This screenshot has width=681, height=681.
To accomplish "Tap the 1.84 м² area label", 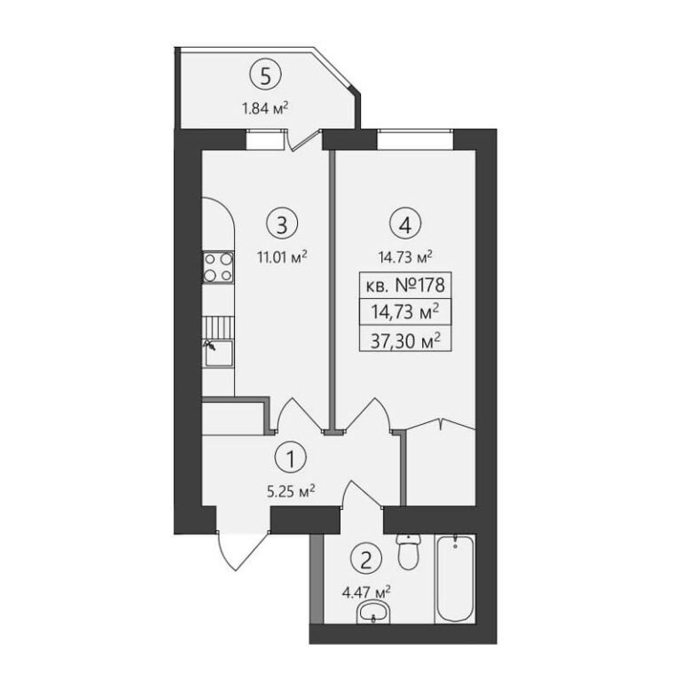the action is pos(265,107).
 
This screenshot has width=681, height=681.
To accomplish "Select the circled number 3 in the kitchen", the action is pos(282,224).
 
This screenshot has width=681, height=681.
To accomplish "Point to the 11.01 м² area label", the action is pos(282,256).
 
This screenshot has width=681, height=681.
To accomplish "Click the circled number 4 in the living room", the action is pos(405,224).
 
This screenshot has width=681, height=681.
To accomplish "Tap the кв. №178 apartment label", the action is pos(405,286).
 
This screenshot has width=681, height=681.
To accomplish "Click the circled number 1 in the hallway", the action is pos(291,458).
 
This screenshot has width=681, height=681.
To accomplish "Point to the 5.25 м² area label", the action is pos(291,491).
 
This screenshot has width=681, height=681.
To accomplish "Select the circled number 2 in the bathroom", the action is pos(366,560).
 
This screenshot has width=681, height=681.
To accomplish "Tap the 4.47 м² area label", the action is pos(366,592).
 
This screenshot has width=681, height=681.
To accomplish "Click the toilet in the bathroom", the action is pos(409,552).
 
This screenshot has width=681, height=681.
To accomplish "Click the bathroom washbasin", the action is pos(373,613).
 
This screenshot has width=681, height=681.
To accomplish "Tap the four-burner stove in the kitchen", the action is pos(218,268).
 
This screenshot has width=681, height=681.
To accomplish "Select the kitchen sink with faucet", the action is pos(218,353).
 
